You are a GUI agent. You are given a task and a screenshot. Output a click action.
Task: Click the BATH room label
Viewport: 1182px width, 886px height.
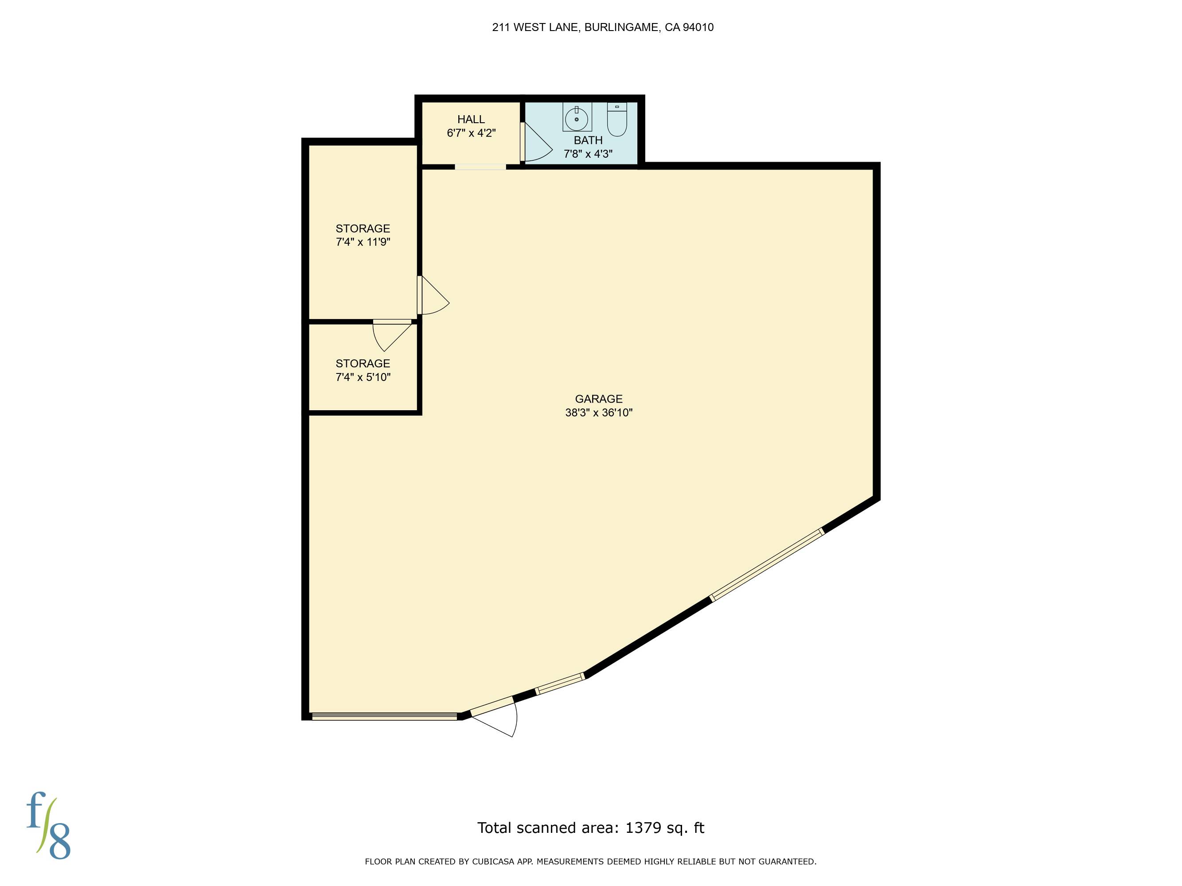(588, 140)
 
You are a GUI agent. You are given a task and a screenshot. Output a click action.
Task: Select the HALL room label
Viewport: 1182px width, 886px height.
(471, 120)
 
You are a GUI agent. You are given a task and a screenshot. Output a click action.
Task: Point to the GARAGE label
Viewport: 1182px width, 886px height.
(598, 399)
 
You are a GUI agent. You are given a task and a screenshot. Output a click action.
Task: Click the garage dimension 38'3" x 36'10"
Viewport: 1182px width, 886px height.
(598, 412)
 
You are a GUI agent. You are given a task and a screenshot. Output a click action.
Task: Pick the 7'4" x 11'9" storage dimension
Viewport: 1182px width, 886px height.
(363, 242)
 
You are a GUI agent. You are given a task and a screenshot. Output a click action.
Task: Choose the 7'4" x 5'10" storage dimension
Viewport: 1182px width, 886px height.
(363, 377)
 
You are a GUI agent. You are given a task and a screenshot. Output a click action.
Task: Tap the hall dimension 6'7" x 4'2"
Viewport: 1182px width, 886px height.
(471, 133)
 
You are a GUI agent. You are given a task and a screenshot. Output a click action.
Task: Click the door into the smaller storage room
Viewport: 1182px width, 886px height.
(392, 335)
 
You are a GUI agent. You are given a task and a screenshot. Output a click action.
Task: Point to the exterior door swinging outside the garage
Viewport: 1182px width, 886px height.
(494, 717)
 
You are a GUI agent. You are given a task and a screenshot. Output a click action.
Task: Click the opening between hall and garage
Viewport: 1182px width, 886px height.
(480, 167)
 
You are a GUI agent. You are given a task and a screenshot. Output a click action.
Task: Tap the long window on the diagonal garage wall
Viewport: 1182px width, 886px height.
(766, 565)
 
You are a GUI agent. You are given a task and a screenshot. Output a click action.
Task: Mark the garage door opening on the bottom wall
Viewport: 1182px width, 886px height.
(385, 717)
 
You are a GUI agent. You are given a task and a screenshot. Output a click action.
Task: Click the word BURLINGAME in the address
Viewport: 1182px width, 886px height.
(621, 27)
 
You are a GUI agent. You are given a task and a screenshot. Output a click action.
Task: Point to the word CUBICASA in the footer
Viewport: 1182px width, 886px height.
(492, 862)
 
